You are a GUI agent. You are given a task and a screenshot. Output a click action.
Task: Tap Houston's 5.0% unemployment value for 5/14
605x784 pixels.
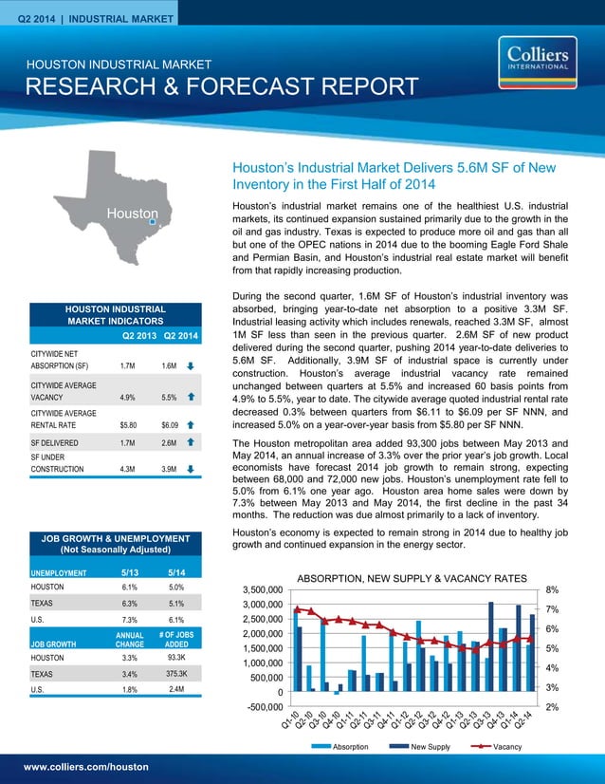click(175, 588)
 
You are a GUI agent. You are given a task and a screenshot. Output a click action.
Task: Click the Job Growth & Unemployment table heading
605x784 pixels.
click(113, 544)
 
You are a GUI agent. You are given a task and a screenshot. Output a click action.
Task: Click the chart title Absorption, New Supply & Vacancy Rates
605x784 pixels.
click(412, 577)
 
